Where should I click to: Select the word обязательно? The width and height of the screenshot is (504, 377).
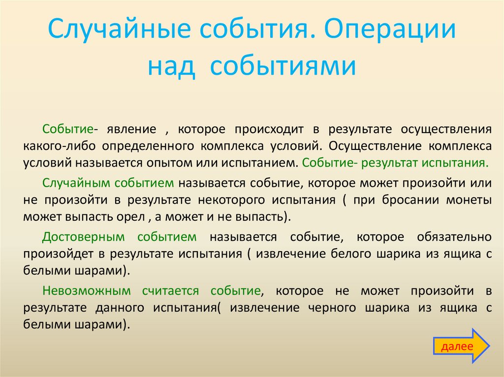454,237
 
